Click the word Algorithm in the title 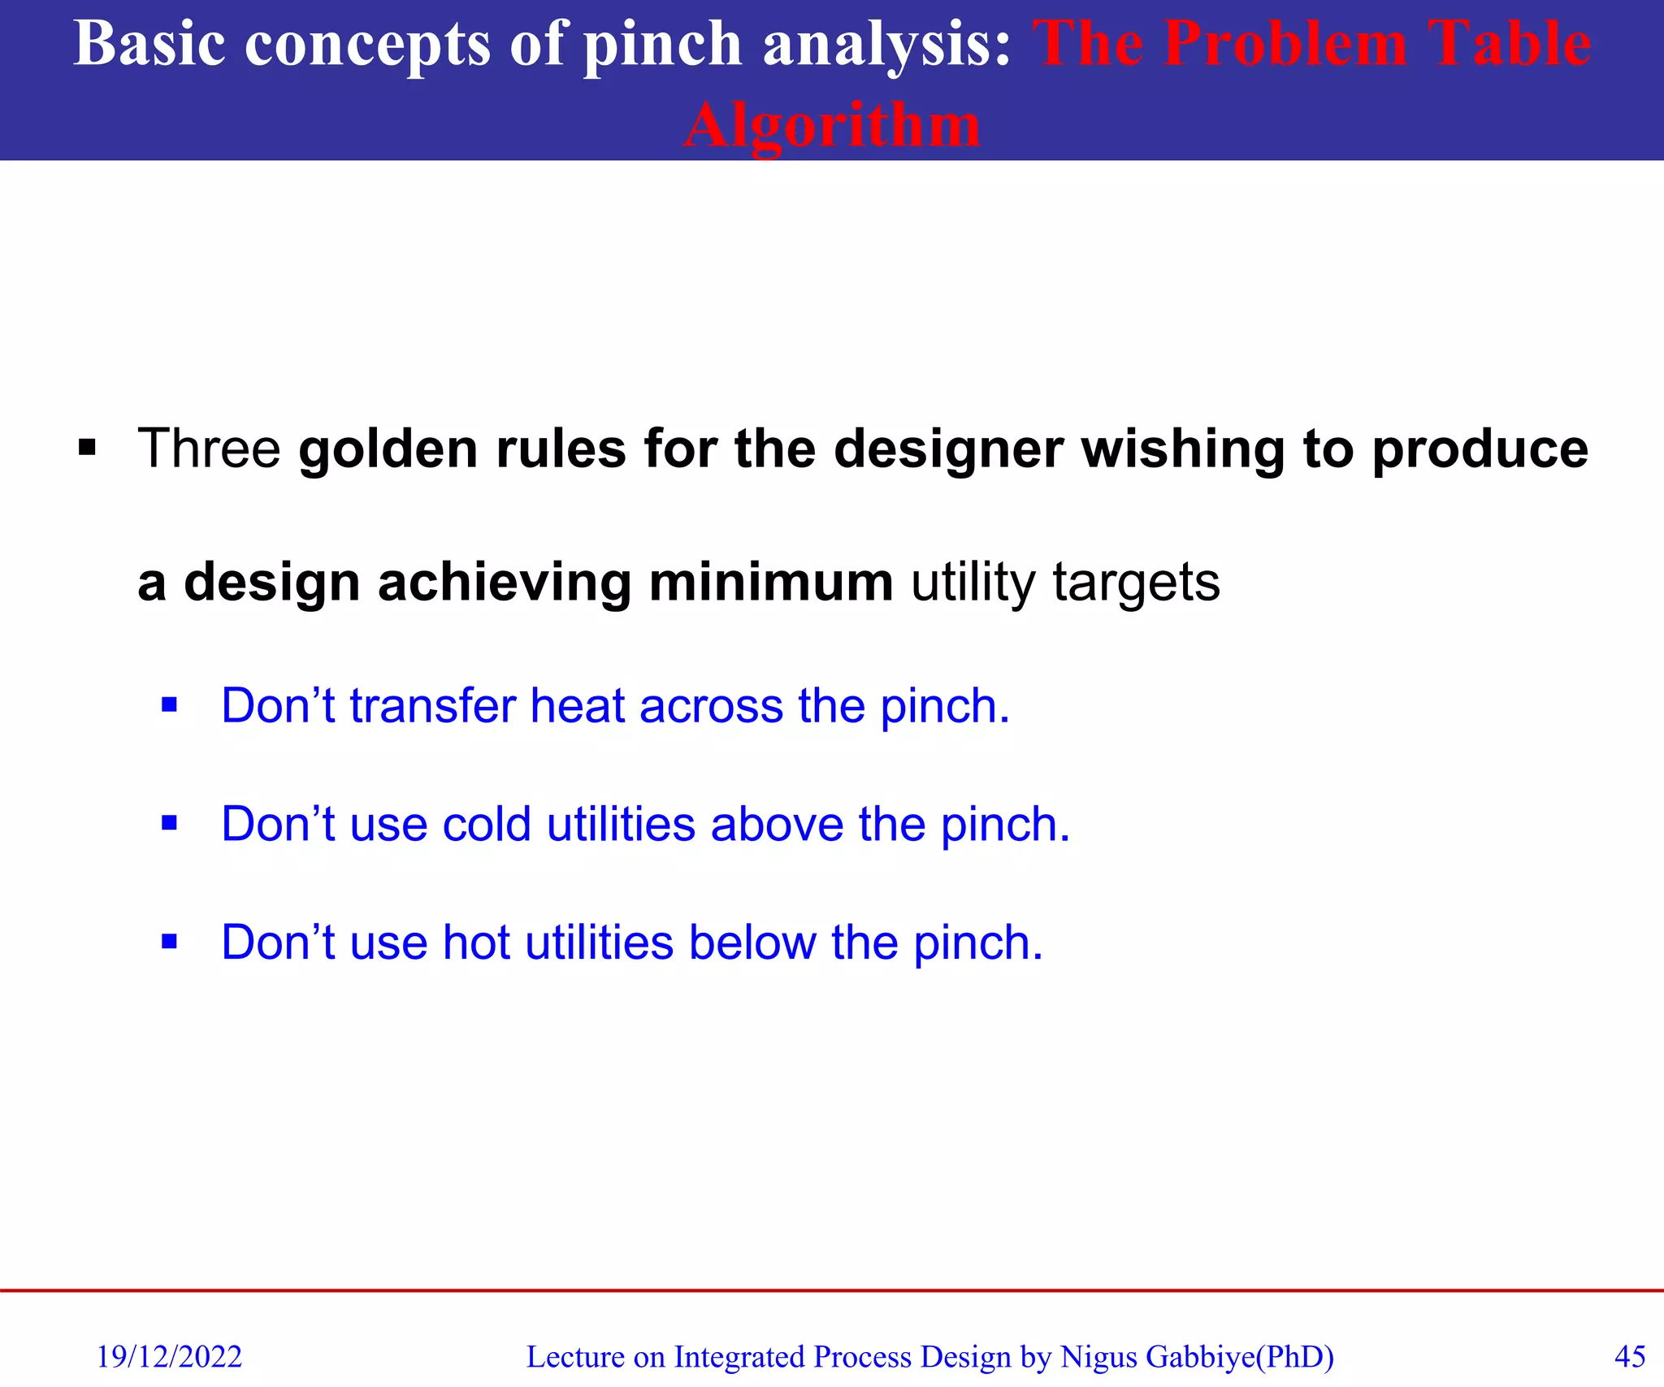[x=832, y=126]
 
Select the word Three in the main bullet [x=209, y=449]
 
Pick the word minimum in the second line [x=770, y=583]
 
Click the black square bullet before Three [x=87, y=448]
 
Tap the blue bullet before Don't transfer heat [x=169, y=704]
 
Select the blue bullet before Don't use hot [x=169, y=942]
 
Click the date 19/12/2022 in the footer [x=169, y=1357]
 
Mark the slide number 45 [x=1629, y=1357]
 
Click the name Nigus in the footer [x=1098, y=1357]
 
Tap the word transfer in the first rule [x=432, y=705]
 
